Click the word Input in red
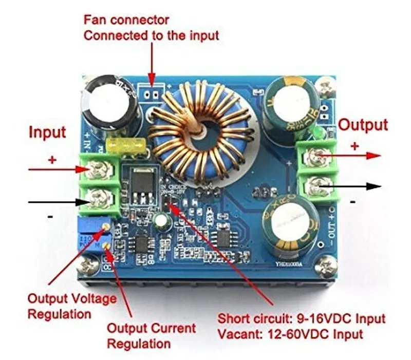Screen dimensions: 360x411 pyautogui.click(x=47, y=132)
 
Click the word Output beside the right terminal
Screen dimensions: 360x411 pyautogui.click(x=364, y=125)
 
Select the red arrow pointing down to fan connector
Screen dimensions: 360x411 pyautogui.click(x=152, y=62)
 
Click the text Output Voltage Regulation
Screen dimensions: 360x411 pyautogui.click(x=72, y=306)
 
